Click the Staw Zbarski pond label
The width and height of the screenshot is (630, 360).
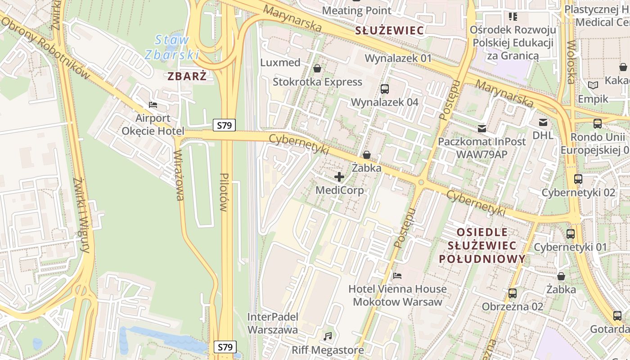172,47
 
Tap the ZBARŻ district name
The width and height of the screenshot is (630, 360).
187,76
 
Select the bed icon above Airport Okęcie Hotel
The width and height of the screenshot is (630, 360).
153,105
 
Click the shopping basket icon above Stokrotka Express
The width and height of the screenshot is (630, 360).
317,68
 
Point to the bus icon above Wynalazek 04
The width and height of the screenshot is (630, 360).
385,89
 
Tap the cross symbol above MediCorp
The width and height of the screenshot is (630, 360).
339,177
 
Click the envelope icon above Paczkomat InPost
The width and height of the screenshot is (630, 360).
482,129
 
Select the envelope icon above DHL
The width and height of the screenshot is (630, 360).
543,122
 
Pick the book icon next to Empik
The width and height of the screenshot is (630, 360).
593,85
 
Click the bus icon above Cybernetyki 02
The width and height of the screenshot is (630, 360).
578,179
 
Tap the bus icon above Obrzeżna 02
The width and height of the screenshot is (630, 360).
512,293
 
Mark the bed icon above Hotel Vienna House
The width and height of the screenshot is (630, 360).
397,275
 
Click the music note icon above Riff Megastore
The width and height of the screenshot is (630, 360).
328,336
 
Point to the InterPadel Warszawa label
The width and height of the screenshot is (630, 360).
273,323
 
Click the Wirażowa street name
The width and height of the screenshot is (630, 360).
179,175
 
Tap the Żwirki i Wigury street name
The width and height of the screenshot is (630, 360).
81,215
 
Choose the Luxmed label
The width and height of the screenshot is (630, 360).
280,62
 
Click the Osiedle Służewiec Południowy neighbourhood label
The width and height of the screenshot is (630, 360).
482,246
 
